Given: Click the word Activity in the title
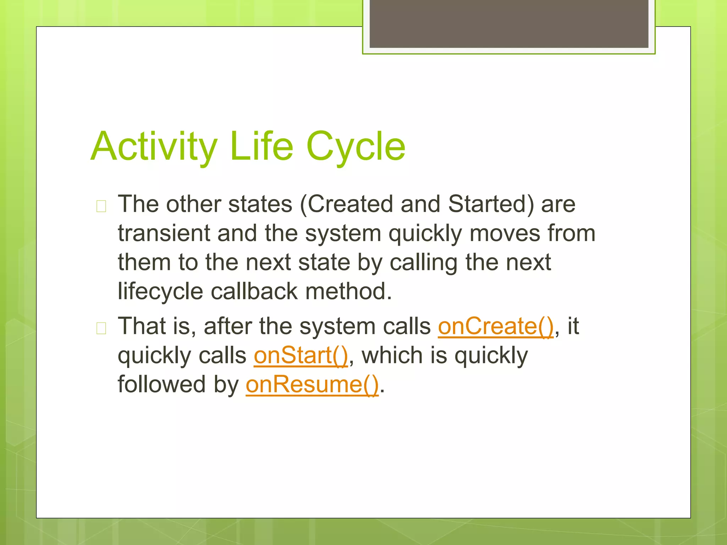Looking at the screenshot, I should (x=154, y=146).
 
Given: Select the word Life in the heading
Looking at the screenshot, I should (x=262, y=146).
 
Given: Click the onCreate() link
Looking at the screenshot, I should (x=496, y=326).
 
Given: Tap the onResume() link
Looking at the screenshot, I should (x=312, y=385).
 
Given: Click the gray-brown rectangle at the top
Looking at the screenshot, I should (x=509, y=23).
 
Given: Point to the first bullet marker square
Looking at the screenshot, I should (x=101, y=206).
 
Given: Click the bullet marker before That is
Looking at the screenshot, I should (x=101, y=328).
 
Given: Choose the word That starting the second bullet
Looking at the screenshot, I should (x=142, y=326).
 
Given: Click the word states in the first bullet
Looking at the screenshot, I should (x=260, y=204).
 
